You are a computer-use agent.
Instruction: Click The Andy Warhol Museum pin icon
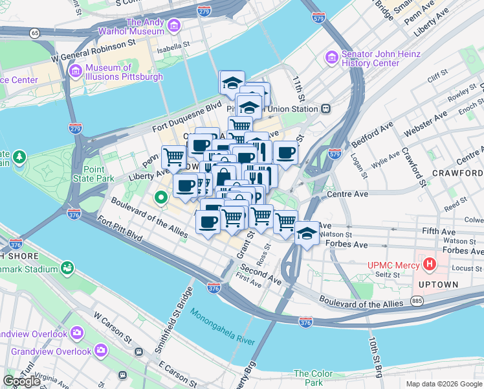tap(173, 26)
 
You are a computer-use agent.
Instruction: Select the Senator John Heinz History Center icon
tap(332, 58)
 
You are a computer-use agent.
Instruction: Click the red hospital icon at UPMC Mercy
tap(429, 264)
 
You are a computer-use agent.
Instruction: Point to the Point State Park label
tap(91, 174)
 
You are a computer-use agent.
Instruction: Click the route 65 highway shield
tap(34, 32)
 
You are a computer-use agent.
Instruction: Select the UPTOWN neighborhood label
tap(439, 285)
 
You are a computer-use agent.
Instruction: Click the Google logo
tap(22, 381)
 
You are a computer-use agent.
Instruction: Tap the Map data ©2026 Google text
tap(444, 384)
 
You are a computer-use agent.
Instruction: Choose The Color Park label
tap(313, 377)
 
